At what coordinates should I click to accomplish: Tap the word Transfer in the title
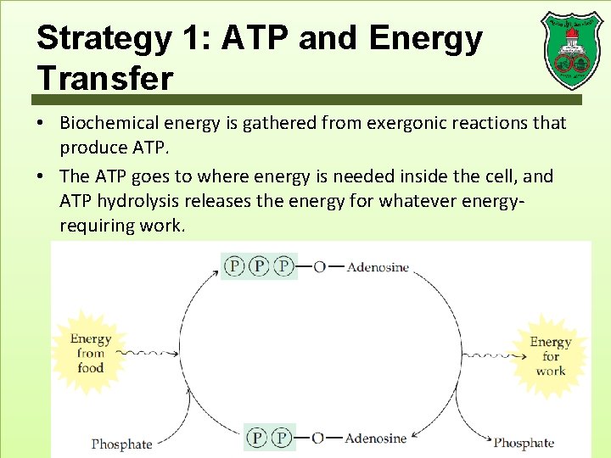pyautogui.click(x=104, y=78)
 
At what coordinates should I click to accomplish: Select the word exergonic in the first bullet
pyautogui.click(x=408, y=123)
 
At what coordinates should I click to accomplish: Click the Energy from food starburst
pyautogui.click(x=90, y=354)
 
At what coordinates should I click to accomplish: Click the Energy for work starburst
pyautogui.click(x=550, y=356)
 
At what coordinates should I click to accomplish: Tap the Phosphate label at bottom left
pyautogui.click(x=121, y=444)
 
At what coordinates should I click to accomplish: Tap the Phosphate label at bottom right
pyautogui.click(x=524, y=443)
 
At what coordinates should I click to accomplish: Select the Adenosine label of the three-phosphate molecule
pyautogui.click(x=378, y=267)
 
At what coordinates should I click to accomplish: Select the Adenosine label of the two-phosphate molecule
pyautogui.click(x=377, y=438)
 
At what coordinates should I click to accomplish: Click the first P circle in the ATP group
pyautogui.click(x=234, y=267)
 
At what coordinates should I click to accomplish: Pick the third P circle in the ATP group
pyautogui.click(x=285, y=267)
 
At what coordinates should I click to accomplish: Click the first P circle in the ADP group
pyautogui.click(x=257, y=438)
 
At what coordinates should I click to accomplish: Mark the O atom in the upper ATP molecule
pyautogui.click(x=319, y=267)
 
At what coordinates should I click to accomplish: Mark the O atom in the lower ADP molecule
pyautogui.click(x=318, y=438)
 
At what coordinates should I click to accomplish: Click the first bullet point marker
pyautogui.click(x=41, y=124)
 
